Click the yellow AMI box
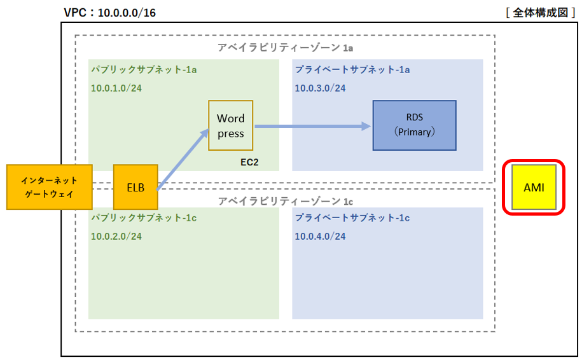pos(534,187)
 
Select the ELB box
pos(135,187)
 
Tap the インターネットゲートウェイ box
pos(50,187)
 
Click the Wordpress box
pos(230,125)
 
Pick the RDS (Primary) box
pos(415,125)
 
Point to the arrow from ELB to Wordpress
pos(183,160)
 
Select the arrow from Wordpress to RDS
pos(312,126)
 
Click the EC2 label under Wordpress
pos(249,162)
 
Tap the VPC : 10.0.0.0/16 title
pos(110,13)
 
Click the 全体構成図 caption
pos(541,13)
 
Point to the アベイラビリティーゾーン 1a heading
pos(285,48)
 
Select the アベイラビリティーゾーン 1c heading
pos(285,201)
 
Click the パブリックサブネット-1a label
pos(144,69)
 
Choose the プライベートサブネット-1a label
pos(352,69)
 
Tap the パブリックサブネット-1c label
pos(144,218)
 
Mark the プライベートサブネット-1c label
pos(352,218)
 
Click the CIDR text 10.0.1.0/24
pos(116,88)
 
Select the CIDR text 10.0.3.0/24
pos(320,88)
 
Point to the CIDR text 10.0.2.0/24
pos(116,236)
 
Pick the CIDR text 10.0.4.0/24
pos(320,236)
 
